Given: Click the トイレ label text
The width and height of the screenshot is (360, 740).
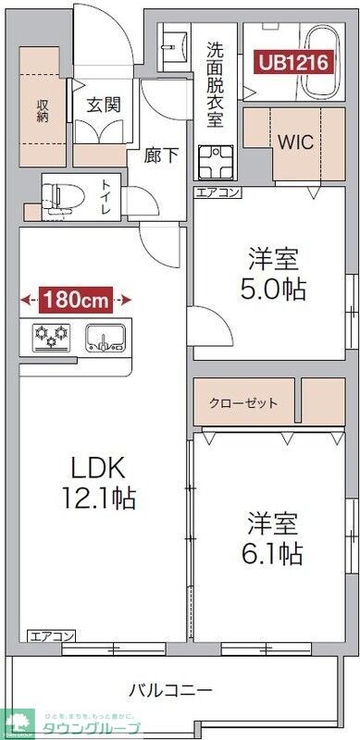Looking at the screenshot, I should (105, 197).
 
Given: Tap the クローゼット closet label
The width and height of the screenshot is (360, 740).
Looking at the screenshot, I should (243, 403).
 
